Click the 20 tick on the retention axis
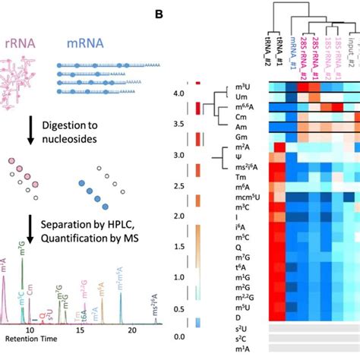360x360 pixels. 132,328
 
